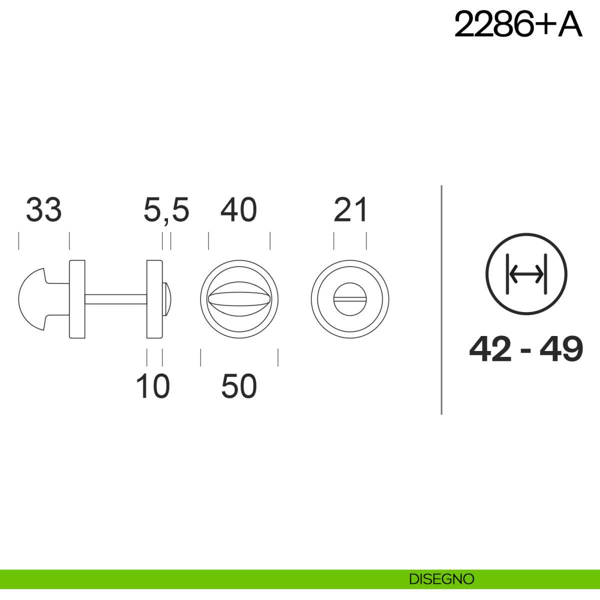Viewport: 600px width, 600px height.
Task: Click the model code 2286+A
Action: click(x=518, y=24)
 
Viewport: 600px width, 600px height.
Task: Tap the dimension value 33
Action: click(x=44, y=210)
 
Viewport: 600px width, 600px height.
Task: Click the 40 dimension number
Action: click(x=239, y=210)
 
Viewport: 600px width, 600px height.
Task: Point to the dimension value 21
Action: click(x=350, y=210)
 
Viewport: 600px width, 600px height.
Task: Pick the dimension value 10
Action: click(x=153, y=386)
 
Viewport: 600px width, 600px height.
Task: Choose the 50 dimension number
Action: click(x=239, y=386)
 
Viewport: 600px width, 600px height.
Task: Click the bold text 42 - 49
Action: click(x=526, y=349)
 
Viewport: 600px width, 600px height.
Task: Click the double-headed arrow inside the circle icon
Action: click(x=526, y=274)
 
